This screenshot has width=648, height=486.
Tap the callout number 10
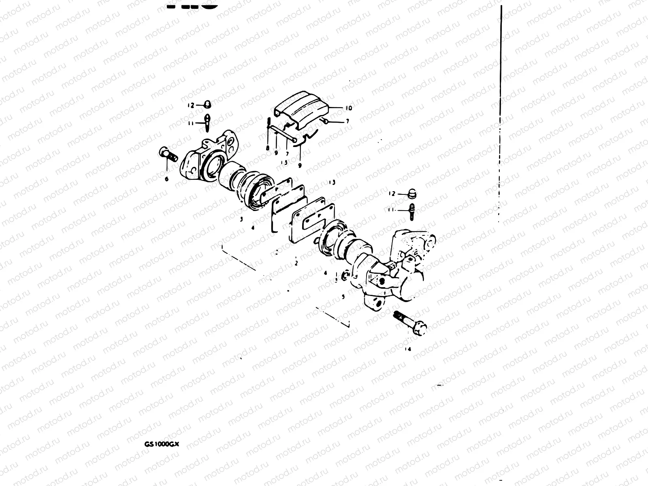tap(349, 108)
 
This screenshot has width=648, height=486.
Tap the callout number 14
tap(407, 349)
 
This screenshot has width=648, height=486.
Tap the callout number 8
tap(267, 149)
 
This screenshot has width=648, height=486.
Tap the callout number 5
tap(343, 296)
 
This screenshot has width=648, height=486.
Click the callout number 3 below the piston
tap(241, 219)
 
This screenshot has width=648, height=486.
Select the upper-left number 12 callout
tap(191, 105)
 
